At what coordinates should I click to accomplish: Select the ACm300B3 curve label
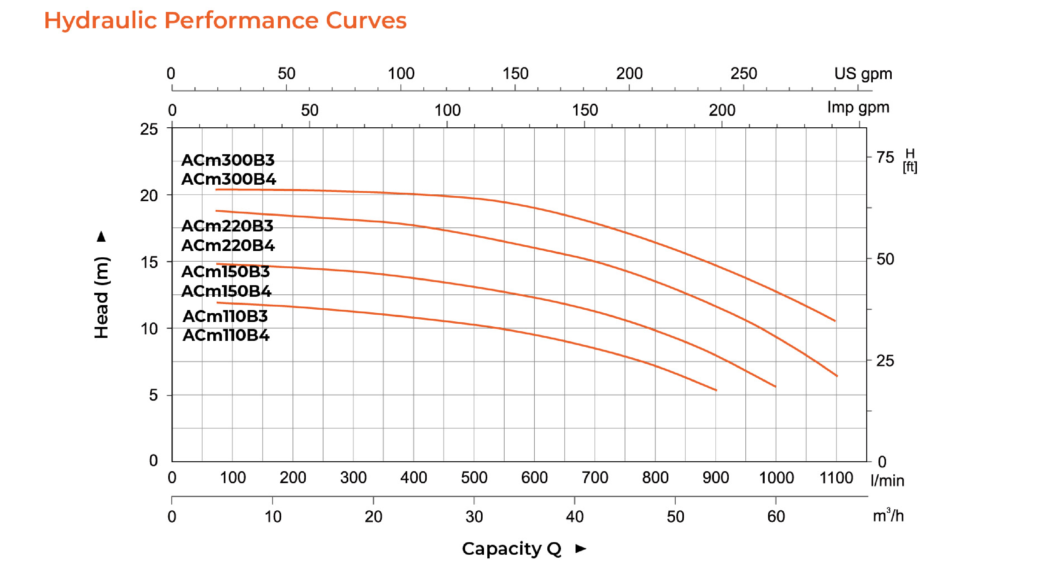coord(228,160)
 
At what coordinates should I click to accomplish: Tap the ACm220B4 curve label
coord(228,245)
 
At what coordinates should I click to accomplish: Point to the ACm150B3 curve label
coord(226,272)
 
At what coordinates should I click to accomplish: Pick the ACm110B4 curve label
coord(226,335)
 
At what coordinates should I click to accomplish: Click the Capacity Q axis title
coord(511,548)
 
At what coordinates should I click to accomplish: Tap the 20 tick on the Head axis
coord(149,196)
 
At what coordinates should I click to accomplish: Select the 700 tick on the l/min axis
coord(594,478)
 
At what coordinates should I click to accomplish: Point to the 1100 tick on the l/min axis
coord(836,478)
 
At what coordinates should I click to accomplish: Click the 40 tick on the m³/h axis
coord(575,516)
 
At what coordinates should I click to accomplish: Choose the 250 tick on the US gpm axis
coord(743,74)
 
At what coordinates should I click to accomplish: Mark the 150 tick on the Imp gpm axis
coord(585,110)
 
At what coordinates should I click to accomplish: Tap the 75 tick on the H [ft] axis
coord(885,158)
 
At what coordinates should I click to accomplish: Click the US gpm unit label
coord(863,74)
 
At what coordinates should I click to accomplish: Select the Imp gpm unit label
coord(858,107)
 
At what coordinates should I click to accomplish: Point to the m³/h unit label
coord(888,516)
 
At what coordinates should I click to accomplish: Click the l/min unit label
coord(887,480)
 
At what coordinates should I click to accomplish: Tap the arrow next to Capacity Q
coord(581,548)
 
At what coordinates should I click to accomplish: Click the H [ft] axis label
coord(910,160)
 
